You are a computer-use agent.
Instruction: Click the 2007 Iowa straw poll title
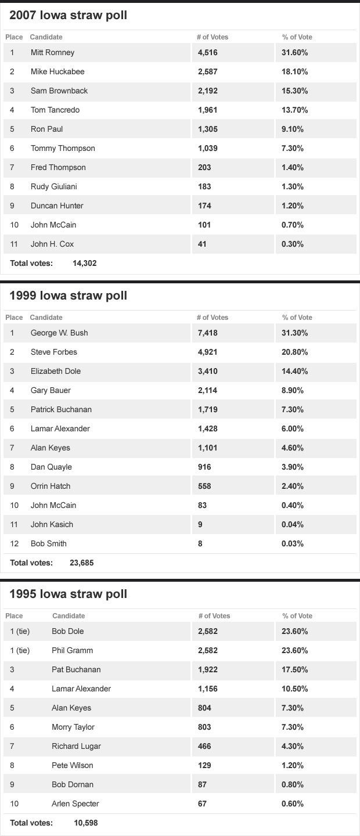click(69, 16)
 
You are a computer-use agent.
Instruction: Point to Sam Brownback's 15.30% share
click(294, 91)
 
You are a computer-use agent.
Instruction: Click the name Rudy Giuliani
click(54, 186)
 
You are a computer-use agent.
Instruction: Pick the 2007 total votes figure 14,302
click(85, 263)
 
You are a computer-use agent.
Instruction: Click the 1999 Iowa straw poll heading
click(69, 296)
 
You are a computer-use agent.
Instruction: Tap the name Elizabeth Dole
click(56, 371)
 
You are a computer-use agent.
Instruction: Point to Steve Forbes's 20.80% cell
click(294, 352)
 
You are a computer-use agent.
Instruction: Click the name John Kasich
click(52, 524)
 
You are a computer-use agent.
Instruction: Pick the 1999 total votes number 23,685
click(82, 563)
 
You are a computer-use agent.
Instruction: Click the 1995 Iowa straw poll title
click(69, 594)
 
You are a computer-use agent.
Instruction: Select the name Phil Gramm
click(72, 650)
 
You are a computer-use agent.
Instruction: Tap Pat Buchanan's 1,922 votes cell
click(208, 669)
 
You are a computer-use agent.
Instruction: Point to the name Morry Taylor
click(73, 727)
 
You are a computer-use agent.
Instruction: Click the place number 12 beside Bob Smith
click(15, 543)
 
